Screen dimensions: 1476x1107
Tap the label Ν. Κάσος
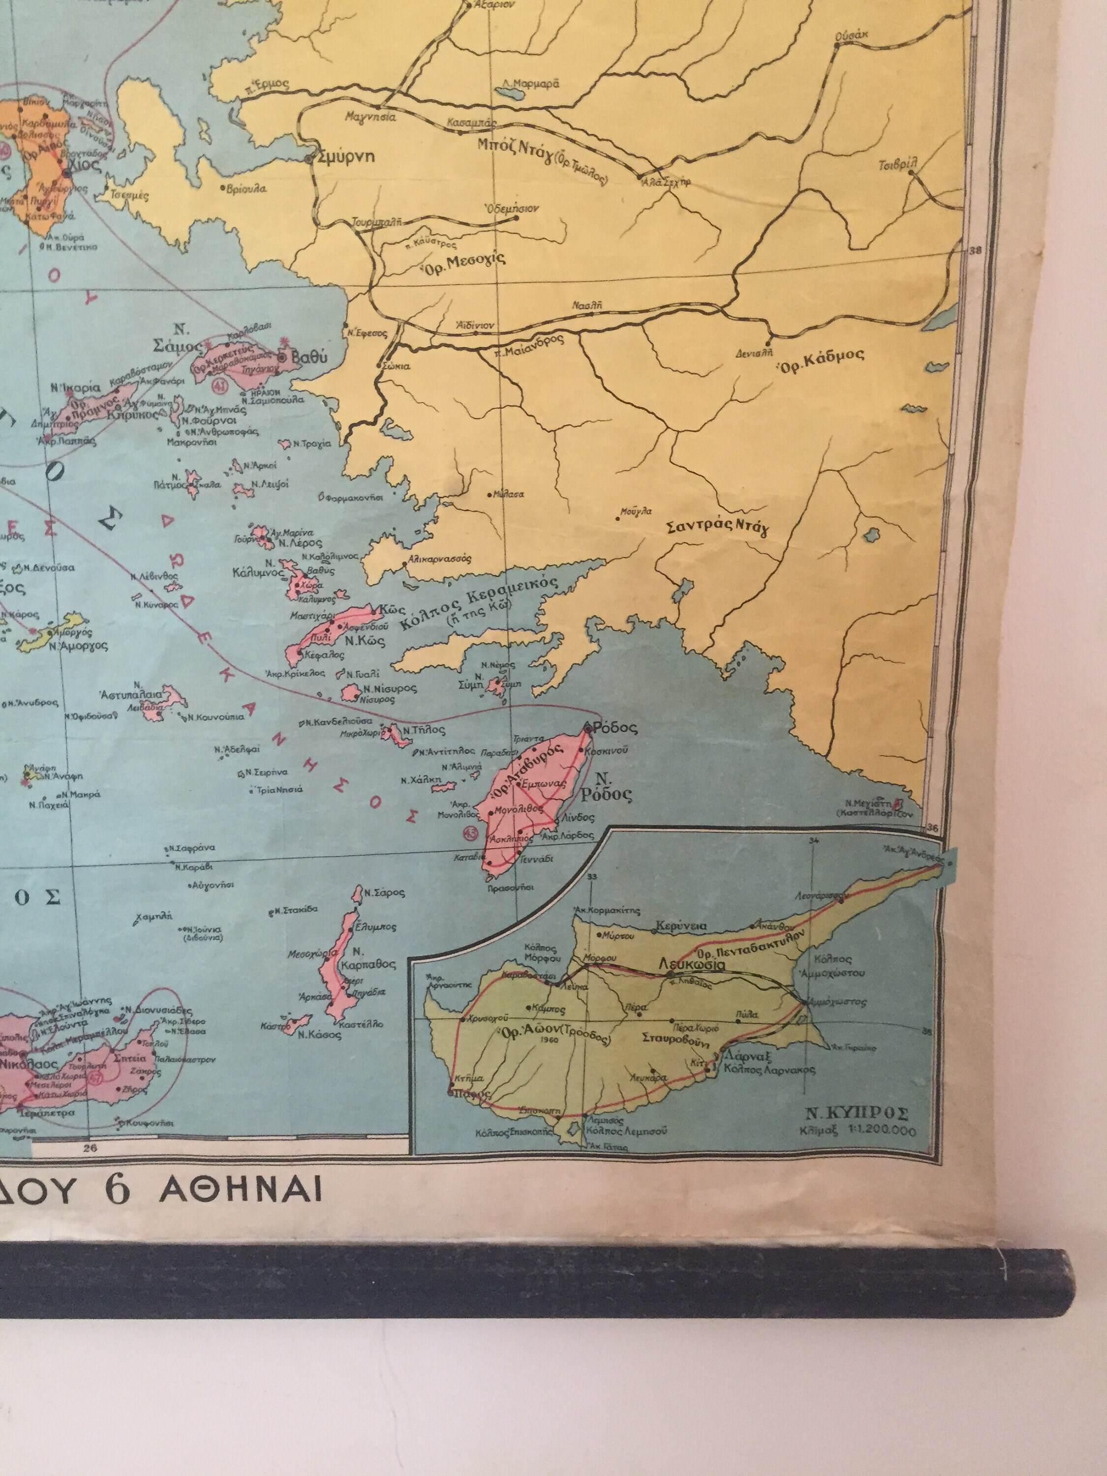(310, 1035)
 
